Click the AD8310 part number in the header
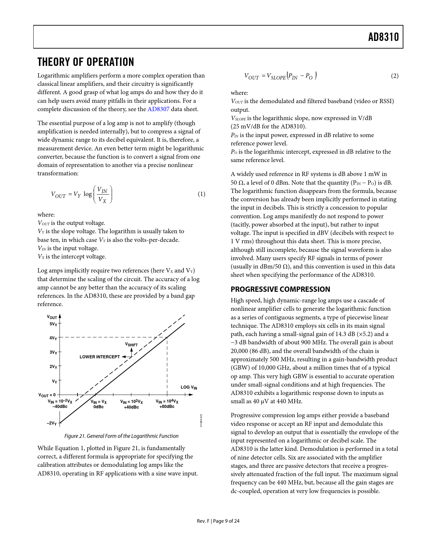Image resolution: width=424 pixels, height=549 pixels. click(383, 37)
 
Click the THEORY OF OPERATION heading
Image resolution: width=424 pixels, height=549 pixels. click(86, 62)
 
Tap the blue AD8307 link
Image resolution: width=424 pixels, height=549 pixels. click(158, 109)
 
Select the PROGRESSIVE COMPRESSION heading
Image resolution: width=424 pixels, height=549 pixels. click(280, 289)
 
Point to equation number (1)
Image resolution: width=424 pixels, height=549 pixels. click(202, 194)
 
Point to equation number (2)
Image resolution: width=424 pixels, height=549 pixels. click(394, 76)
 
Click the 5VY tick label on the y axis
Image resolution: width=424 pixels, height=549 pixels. click(53, 324)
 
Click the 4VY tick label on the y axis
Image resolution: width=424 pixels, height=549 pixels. click(53, 338)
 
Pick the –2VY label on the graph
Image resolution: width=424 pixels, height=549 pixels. click(52, 423)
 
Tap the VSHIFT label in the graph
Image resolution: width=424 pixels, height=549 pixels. click(131, 345)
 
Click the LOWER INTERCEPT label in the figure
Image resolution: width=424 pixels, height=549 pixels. click(100, 357)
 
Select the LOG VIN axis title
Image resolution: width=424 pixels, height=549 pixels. click(189, 387)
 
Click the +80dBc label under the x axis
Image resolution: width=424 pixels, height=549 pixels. click(167, 407)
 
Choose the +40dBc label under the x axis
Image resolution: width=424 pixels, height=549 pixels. click(131, 407)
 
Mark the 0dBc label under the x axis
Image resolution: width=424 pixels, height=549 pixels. click(98, 407)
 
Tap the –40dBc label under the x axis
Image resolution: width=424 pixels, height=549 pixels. click(60, 407)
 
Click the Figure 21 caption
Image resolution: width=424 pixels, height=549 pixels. click(121, 436)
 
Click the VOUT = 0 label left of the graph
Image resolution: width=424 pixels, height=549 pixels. click(47, 395)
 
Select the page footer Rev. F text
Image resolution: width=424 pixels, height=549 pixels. click(203, 521)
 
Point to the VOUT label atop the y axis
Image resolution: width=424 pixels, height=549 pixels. click(52, 317)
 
